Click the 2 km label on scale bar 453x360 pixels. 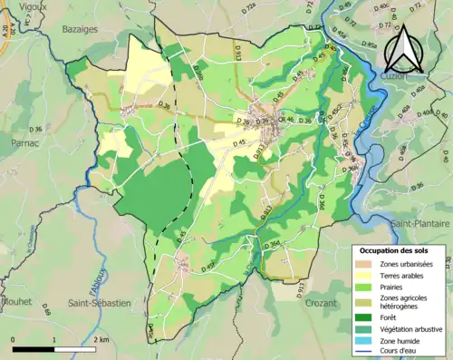coord(101,339)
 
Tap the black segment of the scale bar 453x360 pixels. coord(34,349)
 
